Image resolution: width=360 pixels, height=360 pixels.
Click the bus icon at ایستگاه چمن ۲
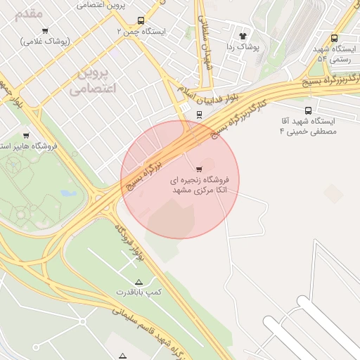point(141,21)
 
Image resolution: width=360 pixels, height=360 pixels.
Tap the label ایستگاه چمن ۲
point(142,32)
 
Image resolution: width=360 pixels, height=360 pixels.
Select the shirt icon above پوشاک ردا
point(243,35)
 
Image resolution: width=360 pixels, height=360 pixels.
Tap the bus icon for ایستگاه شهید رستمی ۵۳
point(334,38)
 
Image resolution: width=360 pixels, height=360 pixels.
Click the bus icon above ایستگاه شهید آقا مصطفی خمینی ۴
point(309,110)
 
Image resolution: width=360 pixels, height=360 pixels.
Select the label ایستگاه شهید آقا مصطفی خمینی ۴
point(309,127)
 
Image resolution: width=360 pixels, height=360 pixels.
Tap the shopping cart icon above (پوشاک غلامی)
point(45,30)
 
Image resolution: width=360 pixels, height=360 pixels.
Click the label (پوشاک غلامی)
point(45,41)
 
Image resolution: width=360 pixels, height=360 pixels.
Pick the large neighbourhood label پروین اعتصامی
point(92,82)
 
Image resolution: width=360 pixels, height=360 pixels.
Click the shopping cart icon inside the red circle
point(200,169)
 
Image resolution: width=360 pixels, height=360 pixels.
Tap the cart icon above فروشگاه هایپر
point(26,135)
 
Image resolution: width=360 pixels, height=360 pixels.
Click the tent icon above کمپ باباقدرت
point(138,281)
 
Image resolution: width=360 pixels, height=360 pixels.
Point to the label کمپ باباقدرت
point(139,291)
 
